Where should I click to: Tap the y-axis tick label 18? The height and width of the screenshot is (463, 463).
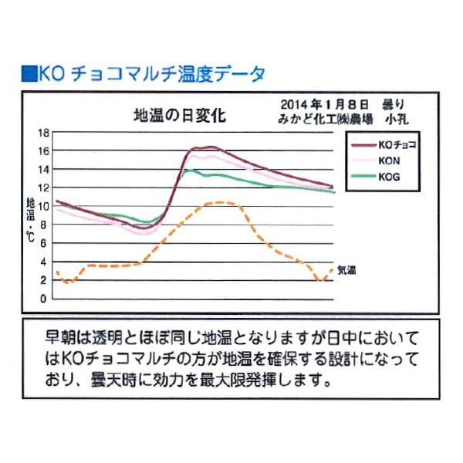(43, 132)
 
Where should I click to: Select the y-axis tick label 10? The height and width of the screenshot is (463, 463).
(43, 206)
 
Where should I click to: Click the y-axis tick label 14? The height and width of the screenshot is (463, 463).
(43, 169)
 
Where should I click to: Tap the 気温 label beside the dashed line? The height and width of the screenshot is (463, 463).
(346, 271)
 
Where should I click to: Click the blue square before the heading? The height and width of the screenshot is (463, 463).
(29, 74)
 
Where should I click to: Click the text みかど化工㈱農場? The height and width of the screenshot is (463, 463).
(323, 118)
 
